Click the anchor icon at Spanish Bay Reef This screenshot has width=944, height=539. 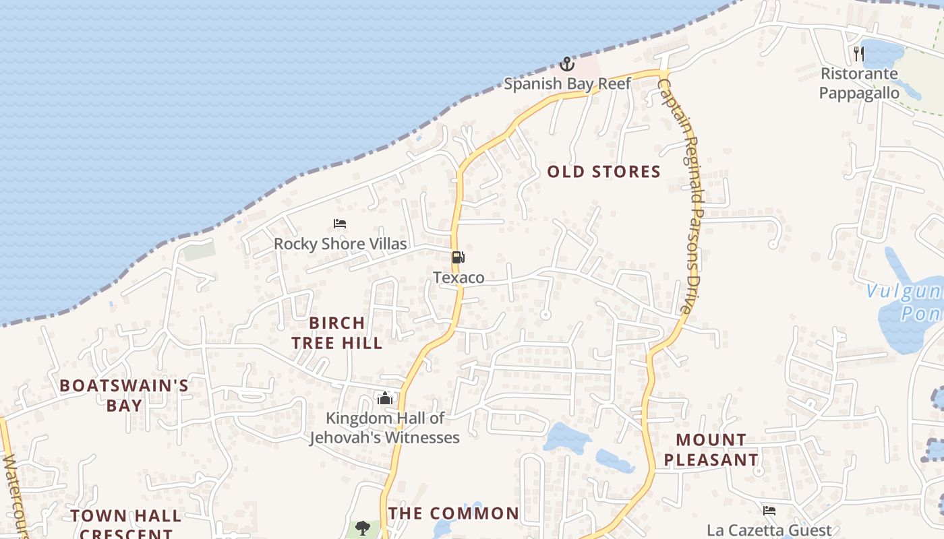(567, 65)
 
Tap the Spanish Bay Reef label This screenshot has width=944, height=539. (568, 84)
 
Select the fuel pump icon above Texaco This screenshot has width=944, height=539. (458, 257)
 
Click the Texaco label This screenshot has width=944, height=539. (459, 277)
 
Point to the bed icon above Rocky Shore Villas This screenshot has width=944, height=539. (340, 224)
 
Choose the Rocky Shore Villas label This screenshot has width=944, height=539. (340, 243)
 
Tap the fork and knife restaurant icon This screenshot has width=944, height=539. (859, 54)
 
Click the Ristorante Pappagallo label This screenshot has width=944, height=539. (859, 83)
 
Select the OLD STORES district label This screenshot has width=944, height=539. (603, 172)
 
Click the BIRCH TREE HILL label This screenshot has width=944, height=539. (337, 333)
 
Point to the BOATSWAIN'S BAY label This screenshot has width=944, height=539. (124, 395)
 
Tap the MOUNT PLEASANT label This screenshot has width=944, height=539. (711, 450)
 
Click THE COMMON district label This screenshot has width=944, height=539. (454, 513)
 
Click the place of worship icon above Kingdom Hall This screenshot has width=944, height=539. (385, 398)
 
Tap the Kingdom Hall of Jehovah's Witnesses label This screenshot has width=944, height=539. (384, 428)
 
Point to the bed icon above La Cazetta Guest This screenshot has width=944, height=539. (769, 511)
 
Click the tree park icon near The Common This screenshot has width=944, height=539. (363, 527)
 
